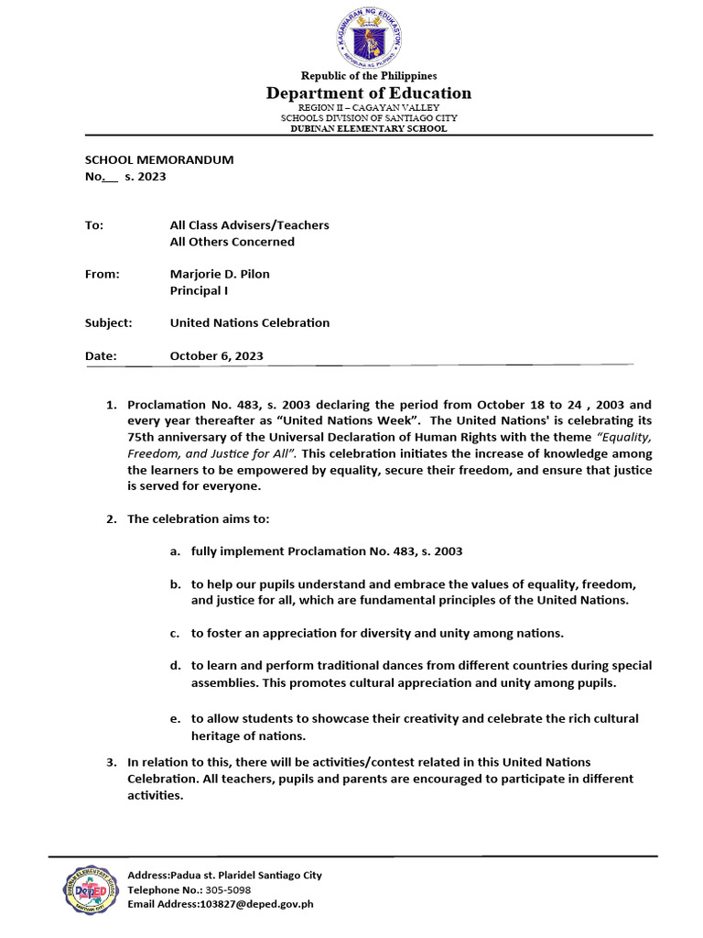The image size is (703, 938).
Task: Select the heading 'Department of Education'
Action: pos(368,93)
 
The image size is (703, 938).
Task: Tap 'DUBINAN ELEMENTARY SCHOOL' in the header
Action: pos(368,129)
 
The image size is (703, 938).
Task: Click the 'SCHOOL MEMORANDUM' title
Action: pos(159,159)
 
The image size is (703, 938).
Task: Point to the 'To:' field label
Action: pos(94,224)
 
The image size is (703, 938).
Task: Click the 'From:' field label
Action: pos(103,274)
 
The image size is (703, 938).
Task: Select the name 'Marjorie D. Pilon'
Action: pos(220,274)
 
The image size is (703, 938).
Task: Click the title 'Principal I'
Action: pos(199,291)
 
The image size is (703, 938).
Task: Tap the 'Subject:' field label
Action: pos(109,322)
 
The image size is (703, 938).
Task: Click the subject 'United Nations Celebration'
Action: pos(250,322)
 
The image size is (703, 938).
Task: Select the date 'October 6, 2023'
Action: pos(217,355)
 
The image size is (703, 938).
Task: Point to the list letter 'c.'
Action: pos(174,633)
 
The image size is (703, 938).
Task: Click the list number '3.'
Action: pos(112,762)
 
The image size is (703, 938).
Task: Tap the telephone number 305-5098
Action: pos(227,889)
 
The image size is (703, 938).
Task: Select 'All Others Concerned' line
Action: pos(233,242)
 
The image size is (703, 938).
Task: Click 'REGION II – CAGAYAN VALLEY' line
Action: pos(368,108)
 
